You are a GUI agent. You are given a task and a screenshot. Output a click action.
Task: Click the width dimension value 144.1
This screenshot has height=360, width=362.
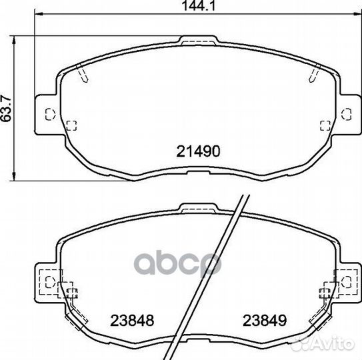pyautogui.click(x=199, y=6)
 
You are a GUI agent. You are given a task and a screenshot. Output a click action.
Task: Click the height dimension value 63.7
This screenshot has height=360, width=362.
pyautogui.click(x=6, y=108)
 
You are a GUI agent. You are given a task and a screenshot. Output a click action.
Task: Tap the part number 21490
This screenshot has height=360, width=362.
pyautogui.click(x=199, y=151)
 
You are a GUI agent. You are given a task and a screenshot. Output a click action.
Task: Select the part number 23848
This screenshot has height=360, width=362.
pyautogui.click(x=132, y=320)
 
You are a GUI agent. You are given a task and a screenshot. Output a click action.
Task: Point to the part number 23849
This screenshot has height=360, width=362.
pyautogui.click(x=265, y=320)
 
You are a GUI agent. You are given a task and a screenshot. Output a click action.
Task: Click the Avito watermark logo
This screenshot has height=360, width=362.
pyautogui.click(x=323, y=344)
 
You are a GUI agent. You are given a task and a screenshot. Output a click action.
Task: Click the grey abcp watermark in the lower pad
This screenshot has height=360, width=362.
pyautogui.click(x=177, y=264)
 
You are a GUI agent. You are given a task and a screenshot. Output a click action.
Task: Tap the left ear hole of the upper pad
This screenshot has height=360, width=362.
pyautogui.click(x=50, y=114)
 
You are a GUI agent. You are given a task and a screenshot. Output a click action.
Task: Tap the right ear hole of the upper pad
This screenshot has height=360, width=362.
pyautogui.click(x=346, y=114)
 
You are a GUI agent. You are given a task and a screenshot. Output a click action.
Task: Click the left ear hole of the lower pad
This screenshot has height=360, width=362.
pyautogui.click(x=50, y=282)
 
